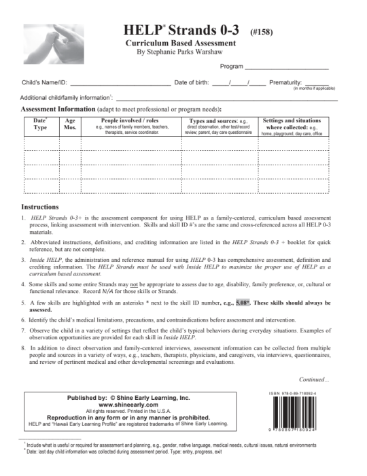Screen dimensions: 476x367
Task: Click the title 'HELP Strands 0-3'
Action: pyautogui.click(x=184, y=30)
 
